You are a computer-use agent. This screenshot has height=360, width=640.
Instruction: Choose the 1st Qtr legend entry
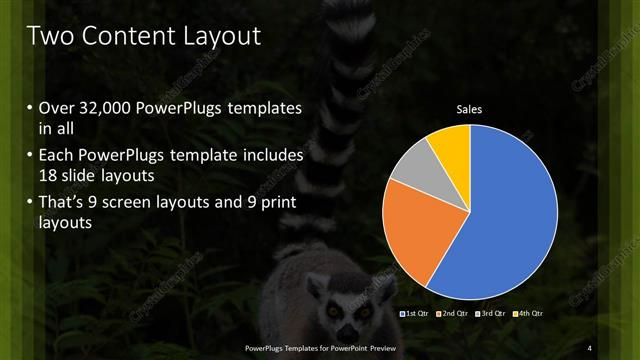(x=415, y=314)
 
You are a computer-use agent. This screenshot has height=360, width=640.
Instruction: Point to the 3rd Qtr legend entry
(x=492, y=314)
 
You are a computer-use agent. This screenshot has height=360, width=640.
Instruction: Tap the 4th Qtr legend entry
(x=528, y=314)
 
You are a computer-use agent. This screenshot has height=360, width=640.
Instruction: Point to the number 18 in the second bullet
(x=49, y=175)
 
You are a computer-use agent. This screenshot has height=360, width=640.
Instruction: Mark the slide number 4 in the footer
(x=590, y=346)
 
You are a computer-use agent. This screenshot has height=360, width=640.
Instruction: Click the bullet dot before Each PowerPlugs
(x=29, y=157)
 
